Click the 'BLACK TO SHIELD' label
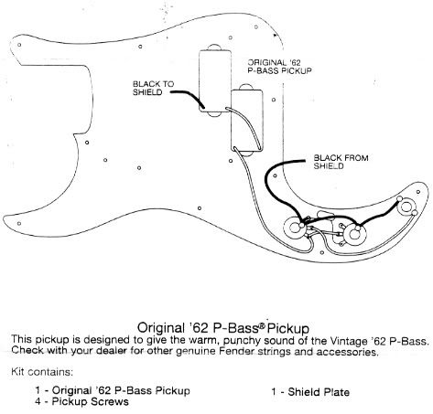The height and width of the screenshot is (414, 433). (x=153, y=88)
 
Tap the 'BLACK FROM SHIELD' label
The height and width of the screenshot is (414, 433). (x=341, y=162)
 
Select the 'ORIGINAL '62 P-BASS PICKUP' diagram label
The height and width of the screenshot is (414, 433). (x=279, y=67)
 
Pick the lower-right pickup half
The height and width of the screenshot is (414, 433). (x=247, y=120)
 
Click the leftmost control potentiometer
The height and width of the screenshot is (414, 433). (x=295, y=228)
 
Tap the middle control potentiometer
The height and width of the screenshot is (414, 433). (x=354, y=235)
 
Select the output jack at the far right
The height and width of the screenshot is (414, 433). (x=406, y=207)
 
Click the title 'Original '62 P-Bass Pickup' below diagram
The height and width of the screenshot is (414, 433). (x=223, y=328)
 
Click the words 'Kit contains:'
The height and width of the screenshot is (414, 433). (x=42, y=372)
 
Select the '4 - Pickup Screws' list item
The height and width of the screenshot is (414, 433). (x=81, y=401)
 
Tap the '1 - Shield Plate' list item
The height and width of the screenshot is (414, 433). (x=310, y=391)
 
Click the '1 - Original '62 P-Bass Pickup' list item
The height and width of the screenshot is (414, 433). (x=113, y=390)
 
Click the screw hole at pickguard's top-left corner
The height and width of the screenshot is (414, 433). (x=19, y=45)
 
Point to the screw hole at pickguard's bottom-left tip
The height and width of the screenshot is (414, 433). (x=19, y=223)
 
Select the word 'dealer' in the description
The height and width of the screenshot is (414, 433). (x=108, y=351)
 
